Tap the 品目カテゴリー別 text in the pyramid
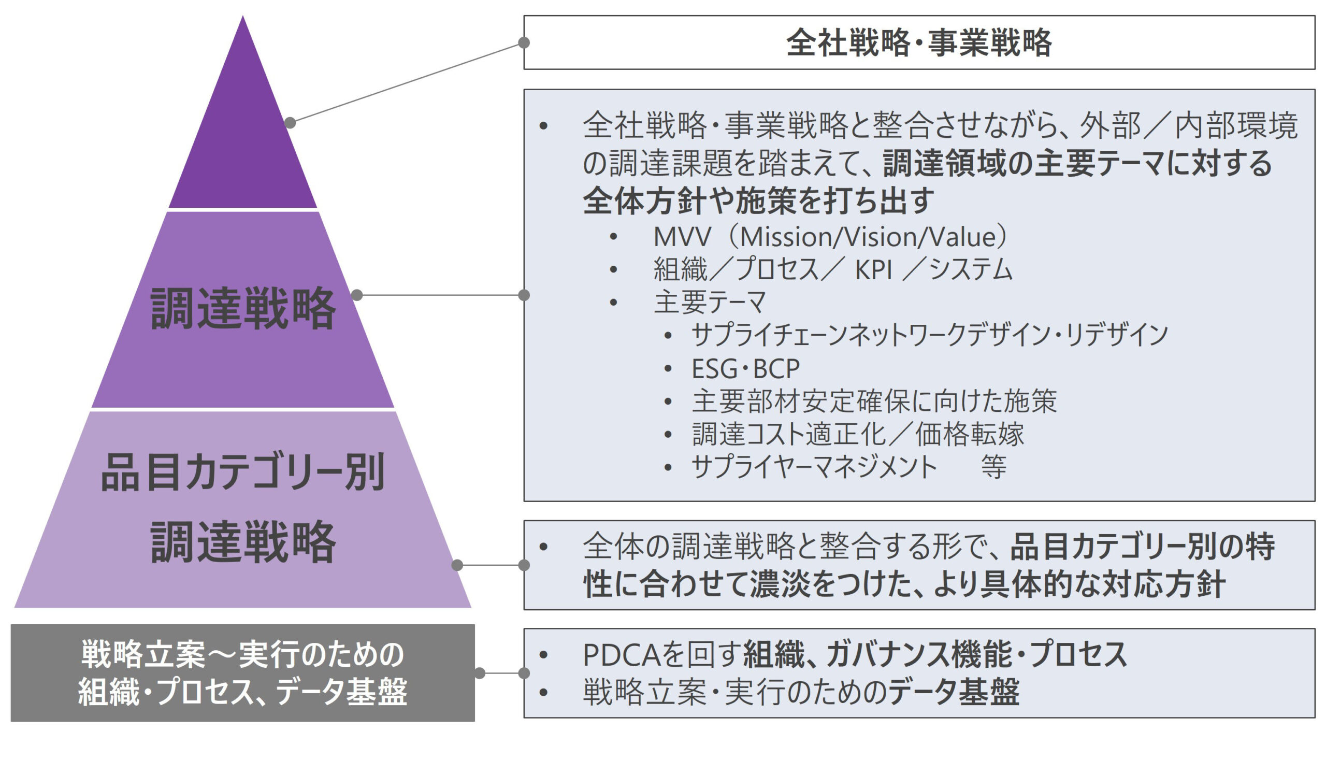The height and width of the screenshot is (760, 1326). [x=242, y=472]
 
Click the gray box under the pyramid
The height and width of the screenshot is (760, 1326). [x=242, y=673]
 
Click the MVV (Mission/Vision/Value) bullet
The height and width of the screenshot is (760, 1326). [x=830, y=237]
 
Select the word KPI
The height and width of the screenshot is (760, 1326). [x=874, y=270]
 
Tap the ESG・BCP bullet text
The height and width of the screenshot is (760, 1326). [x=745, y=369]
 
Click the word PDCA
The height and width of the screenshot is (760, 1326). [x=621, y=654]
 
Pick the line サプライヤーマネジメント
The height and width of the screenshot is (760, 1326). [x=814, y=467]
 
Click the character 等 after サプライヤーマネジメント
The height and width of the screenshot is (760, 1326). [x=993, y=467]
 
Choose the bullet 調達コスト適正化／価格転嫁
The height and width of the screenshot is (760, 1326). [x=858, y=434]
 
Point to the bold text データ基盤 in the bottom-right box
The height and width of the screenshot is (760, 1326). [x=954, y=693]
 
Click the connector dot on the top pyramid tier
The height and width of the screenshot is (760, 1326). [x=290, y=123]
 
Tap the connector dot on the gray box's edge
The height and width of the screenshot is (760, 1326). [x=480, y=673]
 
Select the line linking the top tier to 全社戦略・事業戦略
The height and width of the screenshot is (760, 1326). [x=407, y=83]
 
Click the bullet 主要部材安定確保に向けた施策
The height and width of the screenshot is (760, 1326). [x=874, y=401]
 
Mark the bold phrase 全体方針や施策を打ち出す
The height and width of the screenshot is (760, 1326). [x=758, y=201]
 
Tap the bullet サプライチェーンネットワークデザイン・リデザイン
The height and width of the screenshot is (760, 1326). [x=929, y=335]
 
